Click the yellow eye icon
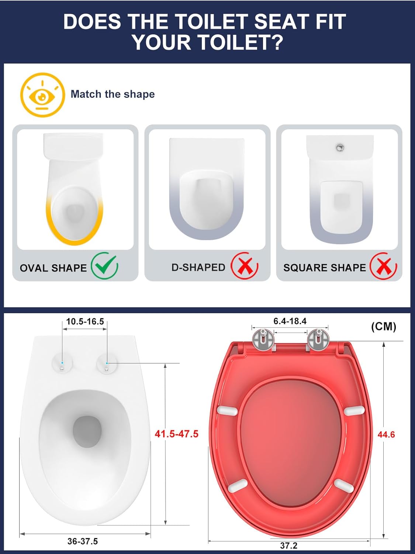(x=42, y=95)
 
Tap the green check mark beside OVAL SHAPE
(x=104, y=266)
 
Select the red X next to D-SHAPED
(x=245, y=266)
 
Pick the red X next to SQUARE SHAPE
(x=383, y=266)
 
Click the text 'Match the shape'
(x=113, y=94)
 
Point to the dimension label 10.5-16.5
(x=85, y=322)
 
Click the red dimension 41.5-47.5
(x=177, y=434)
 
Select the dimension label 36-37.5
(x=82, y=541)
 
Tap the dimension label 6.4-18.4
(x=290, y=321)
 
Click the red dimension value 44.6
(x=386, y=435)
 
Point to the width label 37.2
(x=289, y=546)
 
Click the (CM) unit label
(x=384, y=326)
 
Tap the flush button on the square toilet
(x=340, y=147)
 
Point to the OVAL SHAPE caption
(x=53, y=268)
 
